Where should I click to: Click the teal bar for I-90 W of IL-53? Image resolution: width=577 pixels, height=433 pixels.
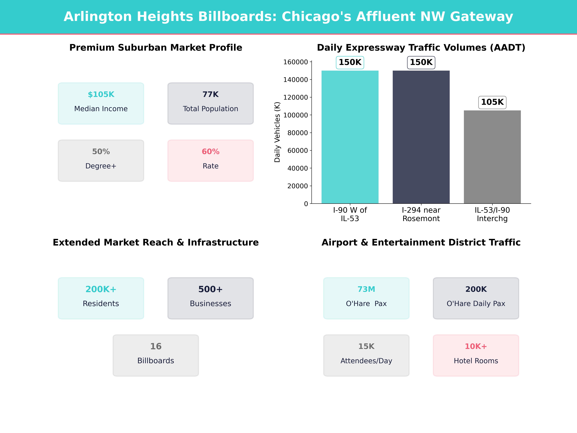pyautogui.click(x=350, y=137)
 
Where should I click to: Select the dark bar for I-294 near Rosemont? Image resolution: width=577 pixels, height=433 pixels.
pyautogui.click(x=421, y=137)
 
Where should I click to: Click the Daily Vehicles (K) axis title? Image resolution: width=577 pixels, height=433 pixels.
pyautogui.click(x=277, y=132)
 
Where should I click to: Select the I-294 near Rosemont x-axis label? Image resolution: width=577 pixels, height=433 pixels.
pyautogui.click(x=421, y=214)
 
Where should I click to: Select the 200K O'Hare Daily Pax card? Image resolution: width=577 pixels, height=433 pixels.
pyautogui.click(x=476, y=298)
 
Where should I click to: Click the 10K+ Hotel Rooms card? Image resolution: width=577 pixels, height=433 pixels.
pyautogui.click(x=476, y=355)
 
